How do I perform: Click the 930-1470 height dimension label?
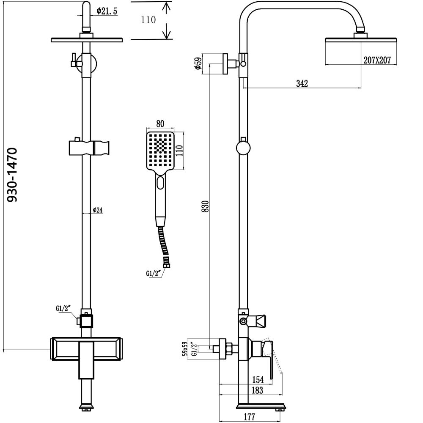click(x=13, y=174)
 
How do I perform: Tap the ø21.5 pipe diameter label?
click(x=106, y=11)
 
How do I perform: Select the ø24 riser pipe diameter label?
click(x=98, y=210)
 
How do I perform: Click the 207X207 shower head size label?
click(x=376, y=60)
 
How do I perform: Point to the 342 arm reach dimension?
click(x=302, y=84)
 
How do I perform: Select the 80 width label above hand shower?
click(x=160, y=124)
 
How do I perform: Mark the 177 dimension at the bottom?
click(x=249, y=417)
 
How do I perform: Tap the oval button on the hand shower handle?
click(x=160, y=183)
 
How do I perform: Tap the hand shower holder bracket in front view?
click(x=90, y=148)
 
